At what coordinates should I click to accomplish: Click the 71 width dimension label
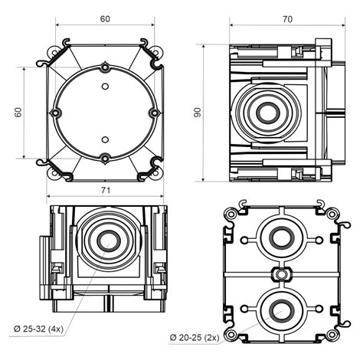(105, 191)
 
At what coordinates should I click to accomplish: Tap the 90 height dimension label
(198, 113)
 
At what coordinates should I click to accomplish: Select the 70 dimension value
(287, 19)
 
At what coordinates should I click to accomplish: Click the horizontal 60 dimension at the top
(105, 19)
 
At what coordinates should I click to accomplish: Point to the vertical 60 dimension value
(18, 113)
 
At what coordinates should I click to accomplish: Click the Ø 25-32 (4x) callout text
(38, 329)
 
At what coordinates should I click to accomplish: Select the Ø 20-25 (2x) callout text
(195, 338)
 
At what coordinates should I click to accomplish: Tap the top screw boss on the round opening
(105, 67)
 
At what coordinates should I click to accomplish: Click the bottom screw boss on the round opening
(105, 159)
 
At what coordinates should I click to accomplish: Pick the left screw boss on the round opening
(56, 113)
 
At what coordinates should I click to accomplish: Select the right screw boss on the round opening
(154, 113)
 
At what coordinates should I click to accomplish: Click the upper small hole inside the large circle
(105, 87)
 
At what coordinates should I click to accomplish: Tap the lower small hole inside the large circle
(105, 139)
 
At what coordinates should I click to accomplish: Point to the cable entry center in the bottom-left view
(109, 241)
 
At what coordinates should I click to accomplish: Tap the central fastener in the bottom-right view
(281, 274)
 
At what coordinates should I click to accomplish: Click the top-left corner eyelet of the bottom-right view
(231, 214)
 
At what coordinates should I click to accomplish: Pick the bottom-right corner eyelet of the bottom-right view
(332, 335)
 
